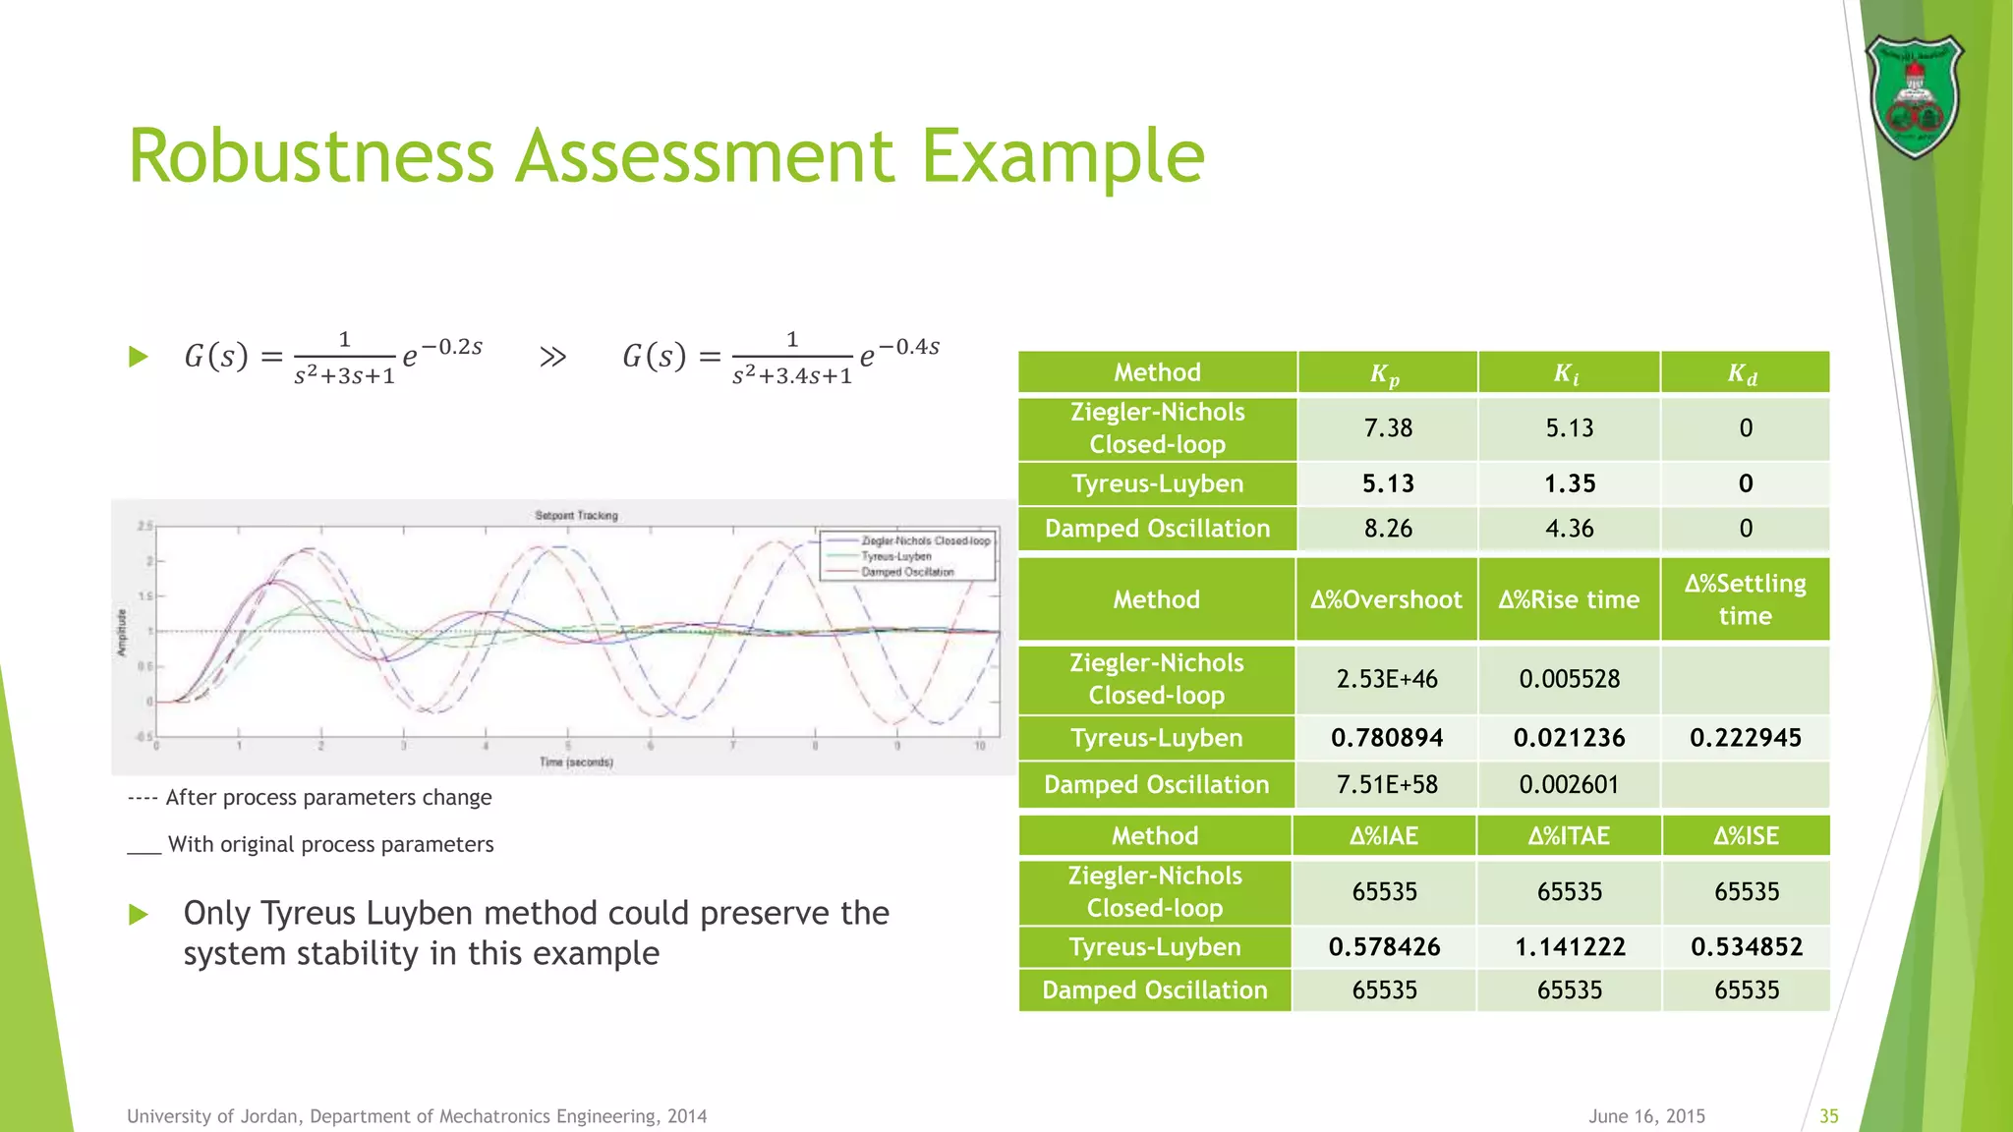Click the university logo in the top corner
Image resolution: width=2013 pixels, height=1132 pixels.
1914,96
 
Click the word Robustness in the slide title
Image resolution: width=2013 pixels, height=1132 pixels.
311,156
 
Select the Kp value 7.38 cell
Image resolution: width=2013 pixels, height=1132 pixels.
1388,428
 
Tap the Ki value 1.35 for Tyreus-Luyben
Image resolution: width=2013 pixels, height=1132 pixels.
1570,483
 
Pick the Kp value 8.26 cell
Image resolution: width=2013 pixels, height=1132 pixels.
1388,529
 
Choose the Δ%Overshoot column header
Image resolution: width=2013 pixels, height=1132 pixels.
1386,599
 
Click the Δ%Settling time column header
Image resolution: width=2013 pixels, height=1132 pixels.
1745,599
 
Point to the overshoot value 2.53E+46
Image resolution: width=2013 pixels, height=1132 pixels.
1387,679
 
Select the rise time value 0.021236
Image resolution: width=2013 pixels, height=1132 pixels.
1570,738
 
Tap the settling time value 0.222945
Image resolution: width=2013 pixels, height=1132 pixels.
1746,738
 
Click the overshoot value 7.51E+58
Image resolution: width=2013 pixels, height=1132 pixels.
1387,785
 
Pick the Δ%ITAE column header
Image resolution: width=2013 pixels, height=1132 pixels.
1569,836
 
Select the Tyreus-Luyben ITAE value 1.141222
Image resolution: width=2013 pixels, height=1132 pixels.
1570,947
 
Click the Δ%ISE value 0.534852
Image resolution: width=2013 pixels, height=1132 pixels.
1747,947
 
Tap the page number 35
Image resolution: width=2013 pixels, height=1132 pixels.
1828,1116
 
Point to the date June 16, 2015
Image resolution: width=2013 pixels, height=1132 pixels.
1646,1116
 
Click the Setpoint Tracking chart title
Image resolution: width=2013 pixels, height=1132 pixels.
576,515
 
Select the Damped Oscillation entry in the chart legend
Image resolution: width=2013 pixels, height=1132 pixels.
907,572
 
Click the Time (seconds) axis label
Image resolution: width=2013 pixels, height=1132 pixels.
576,762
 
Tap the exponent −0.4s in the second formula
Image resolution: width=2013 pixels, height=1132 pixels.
909,347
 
